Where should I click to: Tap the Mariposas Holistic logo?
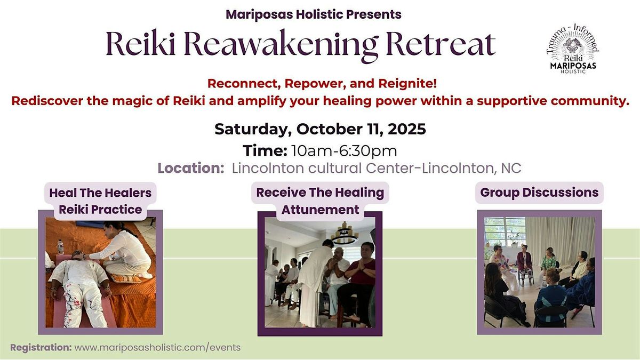(x=573, y=49)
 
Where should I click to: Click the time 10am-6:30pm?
(x=344, y=151)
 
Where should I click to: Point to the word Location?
(x=190, y=168)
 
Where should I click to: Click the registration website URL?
(x=157, y=348)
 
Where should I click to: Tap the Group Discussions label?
(x=539, y=193)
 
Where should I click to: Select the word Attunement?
(x=321, y=210)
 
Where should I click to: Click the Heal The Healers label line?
(x=100, y=193)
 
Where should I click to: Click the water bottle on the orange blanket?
(x=60, y=246)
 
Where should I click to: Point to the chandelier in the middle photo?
(x=345, y=234)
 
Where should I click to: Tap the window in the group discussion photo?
(x=505, y=231)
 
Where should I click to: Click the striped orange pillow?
(x=126, y=278)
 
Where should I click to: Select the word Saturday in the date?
(x=253, y=130)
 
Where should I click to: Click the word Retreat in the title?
(x=441, y=44)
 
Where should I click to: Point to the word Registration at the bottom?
(x=41, y=348)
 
